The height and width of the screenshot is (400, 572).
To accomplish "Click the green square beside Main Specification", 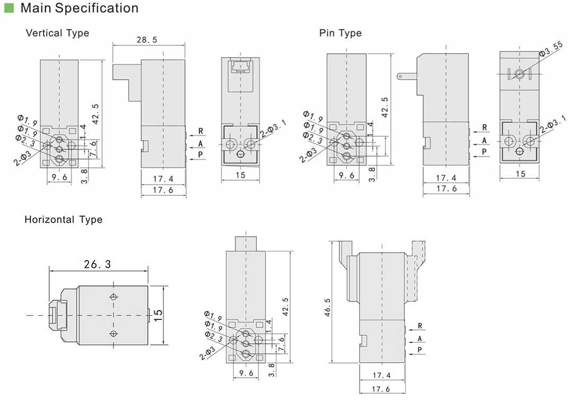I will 9,8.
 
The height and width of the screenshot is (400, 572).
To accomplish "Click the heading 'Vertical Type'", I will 57,33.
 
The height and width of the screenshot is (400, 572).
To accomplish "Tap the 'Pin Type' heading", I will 340,33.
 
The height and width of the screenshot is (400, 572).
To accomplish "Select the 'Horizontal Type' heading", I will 64,220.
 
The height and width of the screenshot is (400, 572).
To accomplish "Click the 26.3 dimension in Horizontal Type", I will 97,264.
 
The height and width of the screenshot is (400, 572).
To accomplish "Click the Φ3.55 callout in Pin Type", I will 551,53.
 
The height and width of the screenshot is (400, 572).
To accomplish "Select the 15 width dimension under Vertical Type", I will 240,175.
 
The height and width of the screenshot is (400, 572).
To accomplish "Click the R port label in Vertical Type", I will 201,131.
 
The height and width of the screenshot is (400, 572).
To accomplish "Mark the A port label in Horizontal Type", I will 419,338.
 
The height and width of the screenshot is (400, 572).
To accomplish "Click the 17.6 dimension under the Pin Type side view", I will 446,189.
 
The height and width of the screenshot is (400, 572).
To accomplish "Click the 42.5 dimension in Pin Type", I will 385,106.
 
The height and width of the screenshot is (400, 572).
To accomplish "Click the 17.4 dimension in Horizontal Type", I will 381,376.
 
